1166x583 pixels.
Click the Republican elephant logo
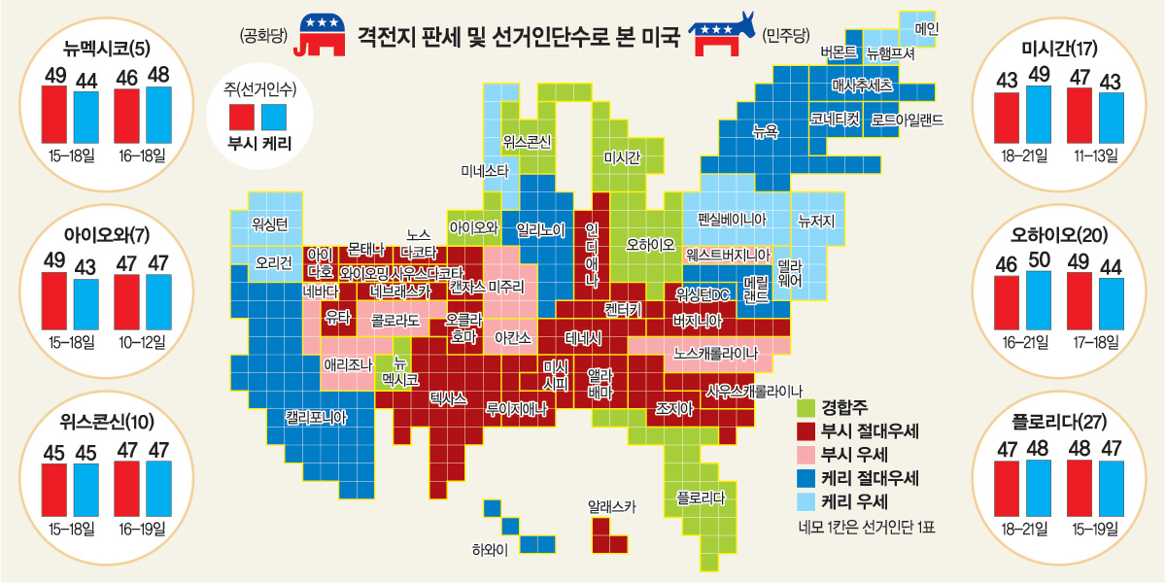pyautogui.click(x=326, y=35)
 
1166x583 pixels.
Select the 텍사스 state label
pyautogui.click(x=448, y=398)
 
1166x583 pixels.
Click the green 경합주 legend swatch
pyautogui.click(x=805, y=407)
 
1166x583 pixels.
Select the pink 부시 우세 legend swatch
pyautogui.click(x=805, y=454)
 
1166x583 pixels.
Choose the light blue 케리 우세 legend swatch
pyautogui.click(x=805, y=501)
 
